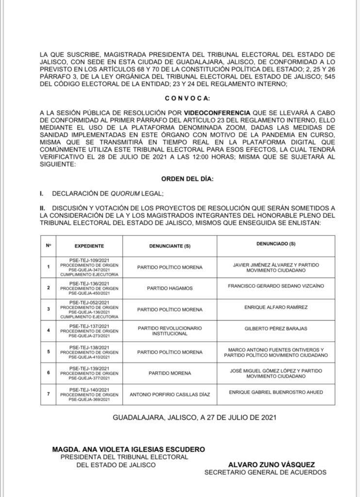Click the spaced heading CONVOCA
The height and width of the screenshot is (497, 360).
(x=187, y=99)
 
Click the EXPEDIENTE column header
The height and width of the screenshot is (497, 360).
(x=89, y=246)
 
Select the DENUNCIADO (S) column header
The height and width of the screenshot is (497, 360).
(x=275, y=243)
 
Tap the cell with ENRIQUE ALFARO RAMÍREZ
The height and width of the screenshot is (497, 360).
(x=275, y=307)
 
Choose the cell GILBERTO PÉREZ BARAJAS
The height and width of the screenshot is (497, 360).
(x=275, y=329)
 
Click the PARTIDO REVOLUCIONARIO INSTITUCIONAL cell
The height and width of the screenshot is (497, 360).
(x=170, y=331)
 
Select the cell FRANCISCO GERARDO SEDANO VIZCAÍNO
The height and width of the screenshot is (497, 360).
(x=275, y=286)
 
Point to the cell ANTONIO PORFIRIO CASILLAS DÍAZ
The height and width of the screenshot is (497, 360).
(x=170, y=395)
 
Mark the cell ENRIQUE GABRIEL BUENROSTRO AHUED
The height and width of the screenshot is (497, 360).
(x=275, y=392)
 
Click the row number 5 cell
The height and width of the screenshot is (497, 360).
(x=48, y=351)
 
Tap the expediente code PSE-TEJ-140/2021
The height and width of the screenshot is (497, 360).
(x=89, y=389)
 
